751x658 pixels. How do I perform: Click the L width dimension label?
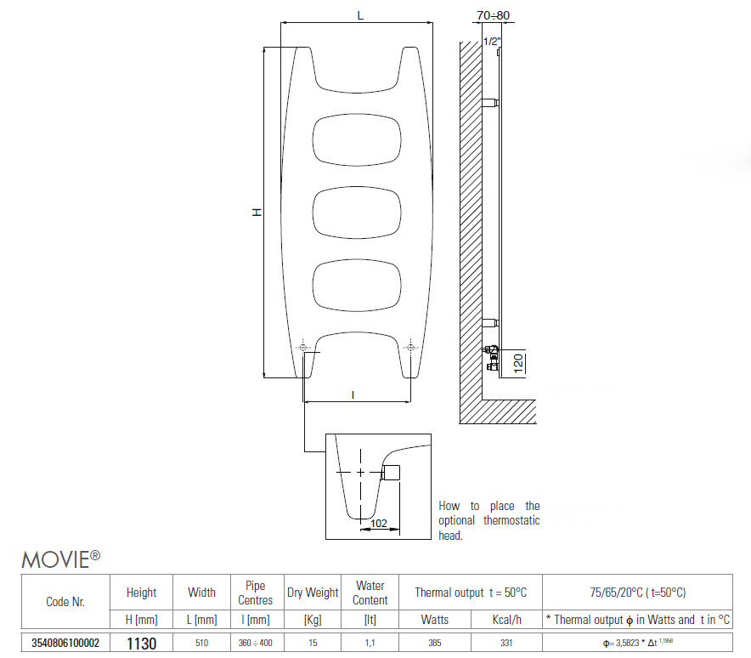pyautogui.click(x=360, y=15)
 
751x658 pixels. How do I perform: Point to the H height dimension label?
pyautogui.click(x=257, y=213)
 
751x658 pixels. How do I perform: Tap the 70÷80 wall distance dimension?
pyautogui.click(x=493, y=15)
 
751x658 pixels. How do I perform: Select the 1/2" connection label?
pyautogui.click(x=492, y=41)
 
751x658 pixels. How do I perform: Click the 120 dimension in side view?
pyautogui.click(x=518, y=364)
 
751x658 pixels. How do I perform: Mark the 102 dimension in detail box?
pyautogui.click(x=378, y=524)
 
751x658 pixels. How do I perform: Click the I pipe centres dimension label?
pyautogui.click(x=353, y=395)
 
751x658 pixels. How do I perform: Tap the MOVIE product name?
pyautogui.click(x=61, y=559)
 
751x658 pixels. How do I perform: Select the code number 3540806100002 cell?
pyautogui.click(x=65, y=644)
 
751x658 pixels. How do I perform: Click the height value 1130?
pyautogui.click(x=141, y=644)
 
